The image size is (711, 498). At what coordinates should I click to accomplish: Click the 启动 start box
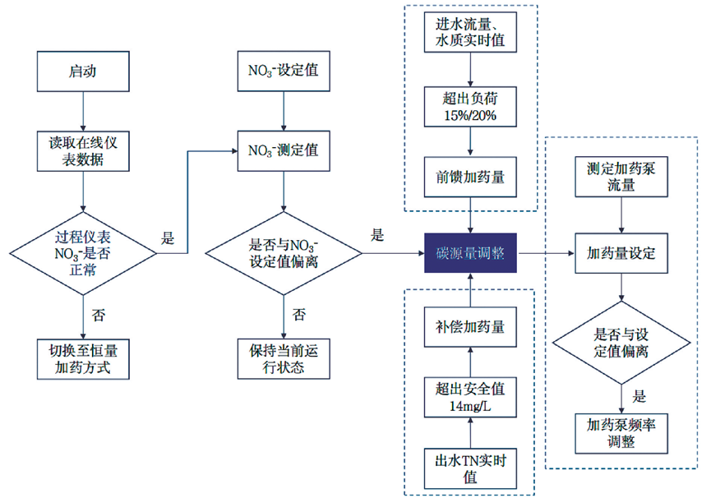point(82,71)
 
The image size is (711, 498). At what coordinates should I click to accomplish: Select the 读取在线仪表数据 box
point(82,150)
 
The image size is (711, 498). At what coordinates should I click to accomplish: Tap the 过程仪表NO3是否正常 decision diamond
point(82,252)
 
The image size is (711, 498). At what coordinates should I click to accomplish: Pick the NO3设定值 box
point(284,71)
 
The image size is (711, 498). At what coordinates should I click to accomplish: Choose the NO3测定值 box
point(284,150)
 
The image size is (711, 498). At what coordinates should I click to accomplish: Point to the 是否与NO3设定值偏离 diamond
point(284,252)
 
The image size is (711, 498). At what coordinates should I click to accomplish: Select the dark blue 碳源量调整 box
point(469,253)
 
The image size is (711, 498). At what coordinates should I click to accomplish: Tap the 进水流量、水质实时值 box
point(469,34)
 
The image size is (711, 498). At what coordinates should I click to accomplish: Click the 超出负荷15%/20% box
point(469,106)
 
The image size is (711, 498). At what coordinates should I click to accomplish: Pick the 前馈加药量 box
point(469,176)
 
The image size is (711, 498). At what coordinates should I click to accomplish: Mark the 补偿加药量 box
point(469,327)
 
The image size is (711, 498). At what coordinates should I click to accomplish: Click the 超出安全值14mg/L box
point(469,397)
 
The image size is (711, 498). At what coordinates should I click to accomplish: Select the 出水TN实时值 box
point(469,468)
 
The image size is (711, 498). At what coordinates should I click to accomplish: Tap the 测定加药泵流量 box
point(621,177)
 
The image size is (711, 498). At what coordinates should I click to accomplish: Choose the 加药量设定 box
point(621,253)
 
